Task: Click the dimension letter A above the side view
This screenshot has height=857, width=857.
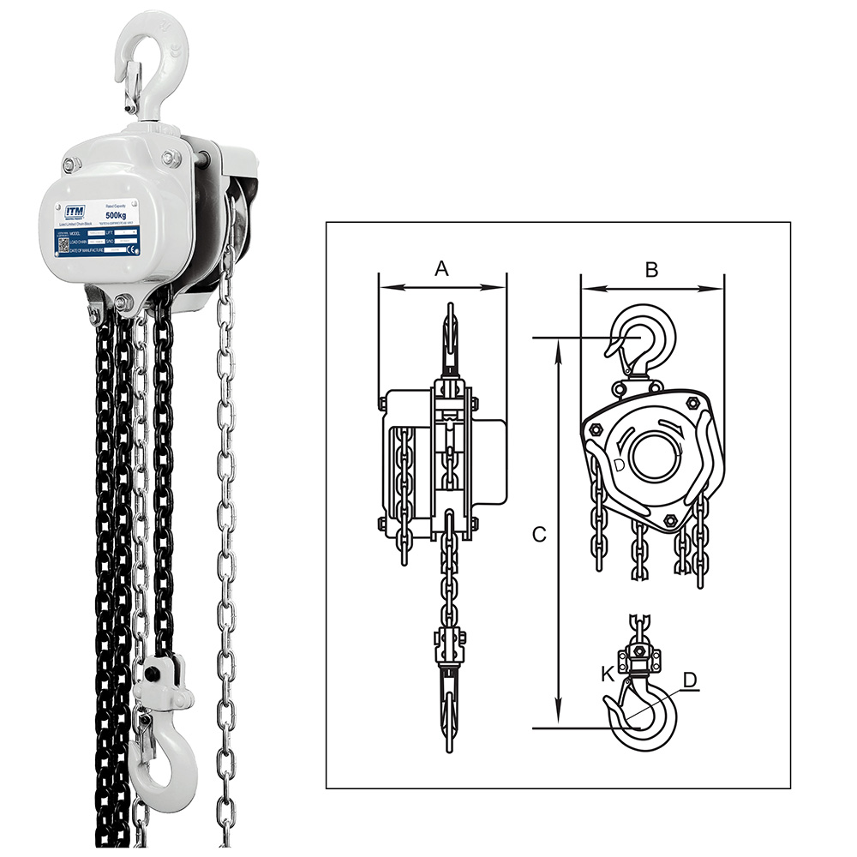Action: (x=442, y=269)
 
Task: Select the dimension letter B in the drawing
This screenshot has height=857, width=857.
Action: (x=651, y=269)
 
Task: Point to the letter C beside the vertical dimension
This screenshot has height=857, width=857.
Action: (x=539, y=534)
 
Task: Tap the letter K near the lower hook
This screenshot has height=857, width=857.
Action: (x=608, y=674)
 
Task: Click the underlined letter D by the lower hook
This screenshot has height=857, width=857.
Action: (x=691, y=680)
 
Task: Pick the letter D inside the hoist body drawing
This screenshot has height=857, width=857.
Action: (x=620, y=465)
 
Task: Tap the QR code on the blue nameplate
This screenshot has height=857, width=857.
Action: (x=63, y=243)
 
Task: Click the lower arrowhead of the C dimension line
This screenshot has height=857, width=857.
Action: (x=559, y=721)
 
